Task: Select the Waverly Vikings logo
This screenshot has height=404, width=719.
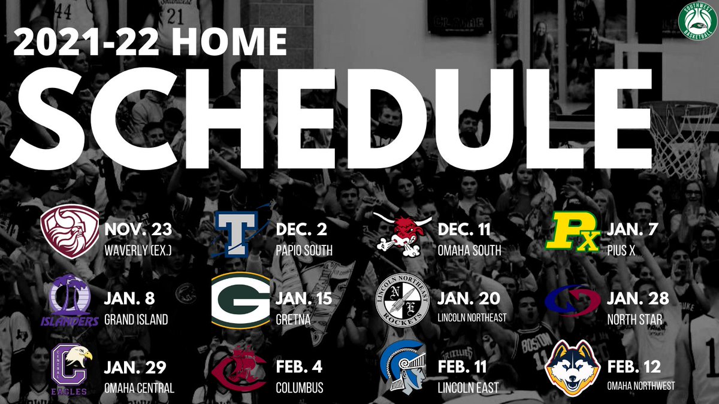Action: point(70,231)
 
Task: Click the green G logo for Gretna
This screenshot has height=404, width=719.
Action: point(241,301)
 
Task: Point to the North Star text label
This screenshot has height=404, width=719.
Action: point(635,320)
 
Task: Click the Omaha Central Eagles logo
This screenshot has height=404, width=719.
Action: point(71,369)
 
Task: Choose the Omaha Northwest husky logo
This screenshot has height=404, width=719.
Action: point(572,368)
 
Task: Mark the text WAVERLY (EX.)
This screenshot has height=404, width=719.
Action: point(138,250)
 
